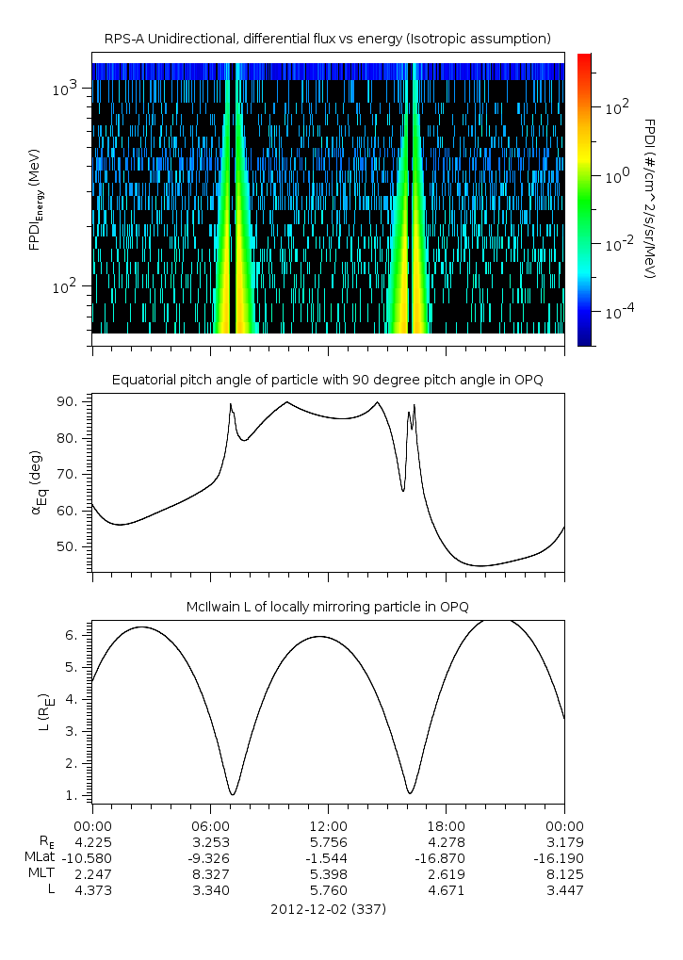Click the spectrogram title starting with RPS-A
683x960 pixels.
point(328,38)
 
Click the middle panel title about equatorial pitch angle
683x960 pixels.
point(328,380)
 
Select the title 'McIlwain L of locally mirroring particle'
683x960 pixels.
point(328,605)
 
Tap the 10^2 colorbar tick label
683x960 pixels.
point(617,107)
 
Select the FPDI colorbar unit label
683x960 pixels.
point(649,198)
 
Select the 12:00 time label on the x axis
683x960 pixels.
point(328,825)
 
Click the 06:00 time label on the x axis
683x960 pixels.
point(209,825)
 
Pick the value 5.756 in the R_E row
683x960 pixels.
point(328,841)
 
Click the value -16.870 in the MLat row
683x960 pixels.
point(446,857)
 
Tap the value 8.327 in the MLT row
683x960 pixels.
point(209,873)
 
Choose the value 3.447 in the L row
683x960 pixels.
point(564,889)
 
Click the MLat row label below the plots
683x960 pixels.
point(43,857)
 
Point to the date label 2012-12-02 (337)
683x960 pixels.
point(328,909)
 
